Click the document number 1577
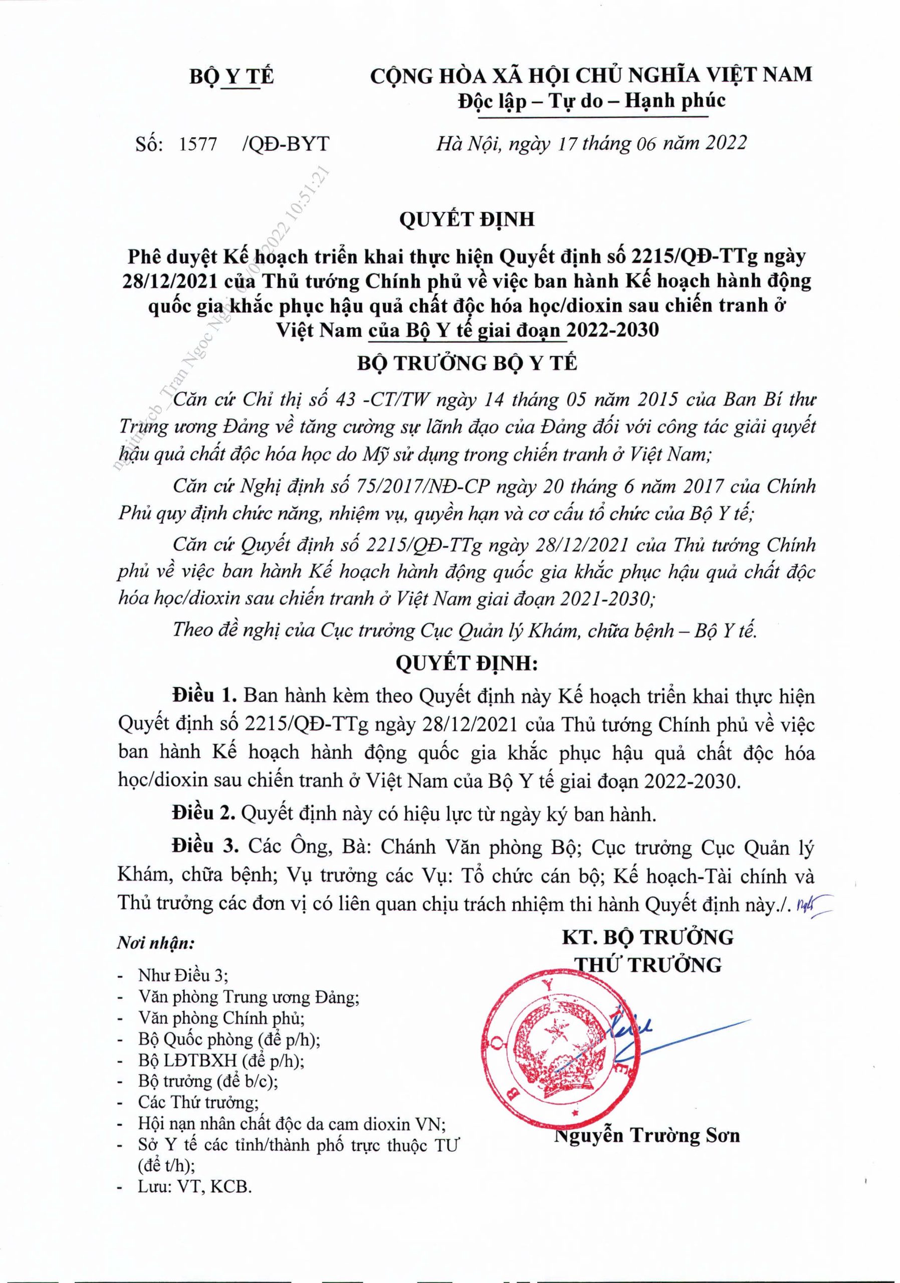(198, 144)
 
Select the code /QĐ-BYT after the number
(286, 144)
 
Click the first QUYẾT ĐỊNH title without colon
(467, 219)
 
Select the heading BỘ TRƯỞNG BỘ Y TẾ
(467, 363)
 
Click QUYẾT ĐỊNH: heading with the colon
(467, 663)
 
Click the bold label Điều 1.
(205, 696)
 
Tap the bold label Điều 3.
(205, 847)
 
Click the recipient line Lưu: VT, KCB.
(194, 1186)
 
